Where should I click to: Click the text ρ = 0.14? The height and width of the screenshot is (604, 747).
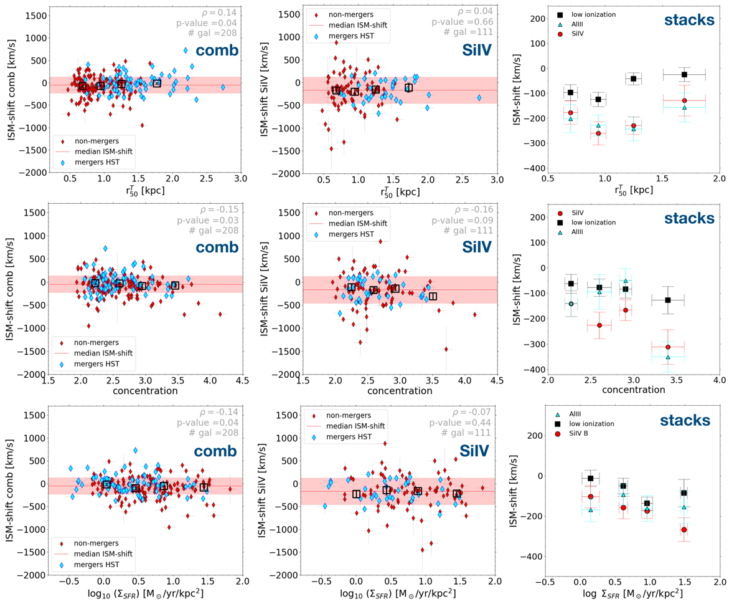[225, 12]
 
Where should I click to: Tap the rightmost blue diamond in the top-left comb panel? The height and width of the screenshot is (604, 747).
[223, 87]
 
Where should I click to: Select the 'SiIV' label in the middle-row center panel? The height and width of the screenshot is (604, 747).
[472, 247]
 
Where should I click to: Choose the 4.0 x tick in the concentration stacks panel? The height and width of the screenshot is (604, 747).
[719, 380]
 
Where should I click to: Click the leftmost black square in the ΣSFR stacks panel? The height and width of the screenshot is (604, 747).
[591, 478]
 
